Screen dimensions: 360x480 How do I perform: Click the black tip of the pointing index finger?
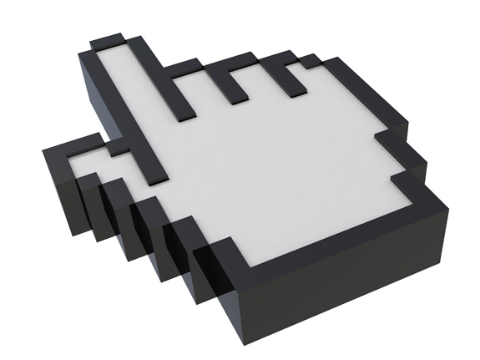pos(109,40)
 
